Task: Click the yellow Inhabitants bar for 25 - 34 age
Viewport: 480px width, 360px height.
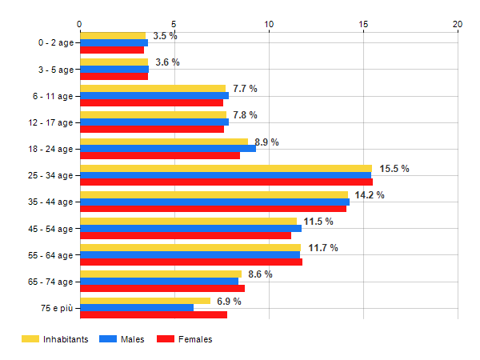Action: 226,169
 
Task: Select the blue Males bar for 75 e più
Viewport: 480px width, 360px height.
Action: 137,308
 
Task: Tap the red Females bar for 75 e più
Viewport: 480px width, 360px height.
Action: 154,315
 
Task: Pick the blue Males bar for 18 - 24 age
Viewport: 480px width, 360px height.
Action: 168,149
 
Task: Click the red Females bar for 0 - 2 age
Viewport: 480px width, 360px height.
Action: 112,50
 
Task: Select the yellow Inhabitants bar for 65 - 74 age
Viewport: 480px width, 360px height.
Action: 161,274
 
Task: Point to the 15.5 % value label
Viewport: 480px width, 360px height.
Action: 394,169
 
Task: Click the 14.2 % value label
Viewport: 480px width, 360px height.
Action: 370,195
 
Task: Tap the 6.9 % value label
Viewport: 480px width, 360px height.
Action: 229,301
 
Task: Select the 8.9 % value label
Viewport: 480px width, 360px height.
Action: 266,142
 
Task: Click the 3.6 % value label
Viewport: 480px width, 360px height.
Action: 167,62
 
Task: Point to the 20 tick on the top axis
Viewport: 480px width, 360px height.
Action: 458,24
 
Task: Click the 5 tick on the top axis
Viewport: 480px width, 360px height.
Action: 174,24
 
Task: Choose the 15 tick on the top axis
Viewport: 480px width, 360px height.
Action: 363,24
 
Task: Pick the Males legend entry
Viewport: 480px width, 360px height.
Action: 133,339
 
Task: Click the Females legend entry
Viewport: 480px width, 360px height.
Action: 195,339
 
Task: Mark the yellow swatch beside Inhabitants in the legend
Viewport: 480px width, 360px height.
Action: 30,339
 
